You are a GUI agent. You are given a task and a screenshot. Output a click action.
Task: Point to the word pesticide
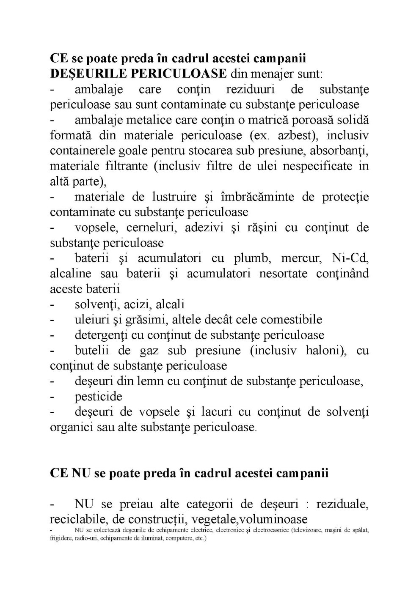[98, 397]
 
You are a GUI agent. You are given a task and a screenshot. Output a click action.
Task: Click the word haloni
[324, 351]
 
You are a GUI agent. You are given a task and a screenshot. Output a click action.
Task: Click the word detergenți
[101, 335]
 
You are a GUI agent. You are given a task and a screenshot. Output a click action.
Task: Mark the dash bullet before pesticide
[52, 397]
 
